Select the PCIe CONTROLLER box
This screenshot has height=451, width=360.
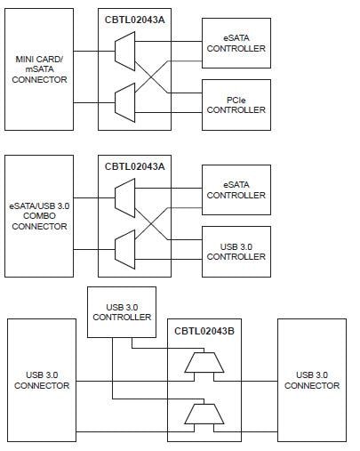point(236,104)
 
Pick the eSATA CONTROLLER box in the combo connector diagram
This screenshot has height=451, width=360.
point(236,189)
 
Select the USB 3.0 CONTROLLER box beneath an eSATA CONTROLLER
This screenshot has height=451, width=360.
point(236,251)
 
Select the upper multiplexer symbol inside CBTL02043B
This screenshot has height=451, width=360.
point(204,362)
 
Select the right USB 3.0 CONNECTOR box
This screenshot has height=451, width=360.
point(311,380)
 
